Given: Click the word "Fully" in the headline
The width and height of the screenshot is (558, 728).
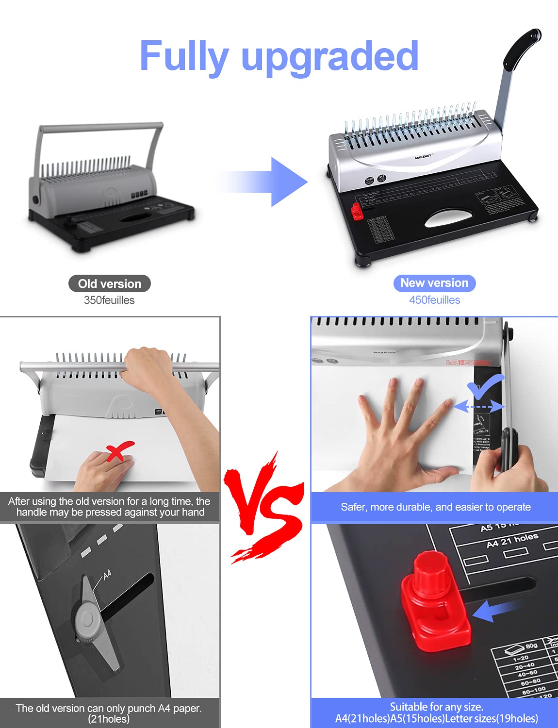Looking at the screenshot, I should point(183,57).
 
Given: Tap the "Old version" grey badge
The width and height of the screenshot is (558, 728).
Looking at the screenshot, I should point(110,284).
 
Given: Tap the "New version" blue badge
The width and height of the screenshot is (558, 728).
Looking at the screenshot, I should point(434,283).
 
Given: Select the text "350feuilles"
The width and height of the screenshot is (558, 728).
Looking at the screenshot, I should point(109,300).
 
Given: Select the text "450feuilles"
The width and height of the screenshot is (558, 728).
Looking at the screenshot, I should point(434,300).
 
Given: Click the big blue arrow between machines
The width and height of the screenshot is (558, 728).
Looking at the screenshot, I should point(272,182).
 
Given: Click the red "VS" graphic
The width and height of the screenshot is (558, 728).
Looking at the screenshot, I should point(264,507).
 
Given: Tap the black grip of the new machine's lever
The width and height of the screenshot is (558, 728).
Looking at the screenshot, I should point(522,49).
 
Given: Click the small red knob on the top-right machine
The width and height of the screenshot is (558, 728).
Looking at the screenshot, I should point(357,212).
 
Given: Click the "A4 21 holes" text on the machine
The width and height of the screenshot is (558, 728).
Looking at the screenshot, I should point(512,540).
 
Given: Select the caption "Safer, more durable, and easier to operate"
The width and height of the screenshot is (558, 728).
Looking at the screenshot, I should point(435,507).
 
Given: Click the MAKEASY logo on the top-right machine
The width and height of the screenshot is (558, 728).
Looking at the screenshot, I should point(423,156).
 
